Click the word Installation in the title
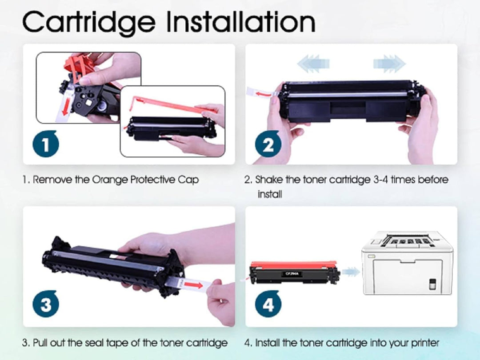237,21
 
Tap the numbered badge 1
46,144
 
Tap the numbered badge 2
268,144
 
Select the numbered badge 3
46,305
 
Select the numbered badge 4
268,304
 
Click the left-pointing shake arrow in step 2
314,63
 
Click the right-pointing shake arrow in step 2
389,63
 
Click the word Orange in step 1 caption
109,180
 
